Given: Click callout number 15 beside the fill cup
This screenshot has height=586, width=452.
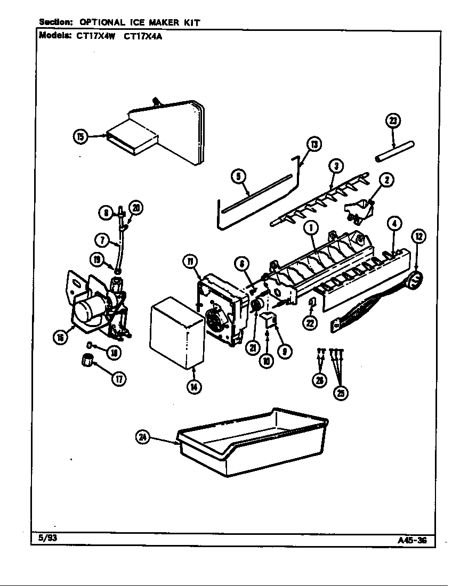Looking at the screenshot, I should [x=80, y=137].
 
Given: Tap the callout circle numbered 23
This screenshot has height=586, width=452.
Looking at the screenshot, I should [x=392, y=121].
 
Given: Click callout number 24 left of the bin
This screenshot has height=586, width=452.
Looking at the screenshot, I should [x=142, y=437].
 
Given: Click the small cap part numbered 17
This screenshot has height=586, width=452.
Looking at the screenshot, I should [x=86, y=361].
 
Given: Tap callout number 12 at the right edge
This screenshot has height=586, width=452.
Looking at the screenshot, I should [x=418, y=235].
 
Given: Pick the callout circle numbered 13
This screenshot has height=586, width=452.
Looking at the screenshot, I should [x=314, y=144].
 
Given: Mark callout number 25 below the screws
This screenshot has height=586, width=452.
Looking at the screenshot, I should [x=340, y=393].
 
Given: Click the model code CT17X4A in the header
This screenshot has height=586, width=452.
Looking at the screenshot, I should [x=143, y=37].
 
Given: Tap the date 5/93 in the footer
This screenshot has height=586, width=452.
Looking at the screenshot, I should [x=49, y=538].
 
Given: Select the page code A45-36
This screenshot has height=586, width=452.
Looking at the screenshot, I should [x=412, y=540].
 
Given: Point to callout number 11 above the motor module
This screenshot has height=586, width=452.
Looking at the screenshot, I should [x=190, y=261].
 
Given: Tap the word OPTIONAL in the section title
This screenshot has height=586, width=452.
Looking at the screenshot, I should [x=102, y=22].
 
